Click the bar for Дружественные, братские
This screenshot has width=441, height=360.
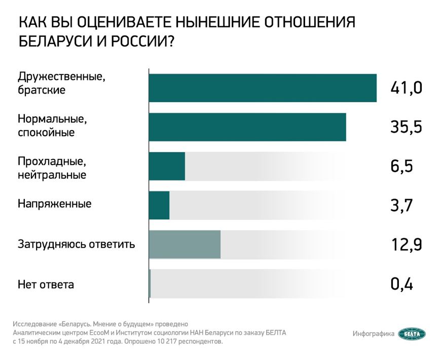[262, 88]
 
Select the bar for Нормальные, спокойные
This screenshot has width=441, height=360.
[247, 127]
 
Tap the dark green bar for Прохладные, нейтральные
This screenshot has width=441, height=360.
[167, 166]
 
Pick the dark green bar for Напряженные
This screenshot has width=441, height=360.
[159, 205]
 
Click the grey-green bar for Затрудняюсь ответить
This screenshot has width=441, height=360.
[185, 245]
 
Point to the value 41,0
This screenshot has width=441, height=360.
[406, 88]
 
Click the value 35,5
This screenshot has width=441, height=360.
[406, 127]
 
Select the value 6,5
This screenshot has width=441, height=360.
[401, 166]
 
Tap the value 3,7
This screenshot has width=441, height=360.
[401, 206]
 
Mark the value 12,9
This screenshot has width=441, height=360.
[406, 245]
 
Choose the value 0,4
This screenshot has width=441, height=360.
[401, 284]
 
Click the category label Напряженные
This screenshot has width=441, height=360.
[54, 205]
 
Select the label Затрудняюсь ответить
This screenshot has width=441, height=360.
[76, 245]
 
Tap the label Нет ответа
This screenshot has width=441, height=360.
[46, 285]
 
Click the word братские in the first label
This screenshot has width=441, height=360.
[41, 91]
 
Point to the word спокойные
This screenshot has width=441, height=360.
[46, 133]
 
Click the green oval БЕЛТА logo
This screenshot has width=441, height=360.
[412, 334]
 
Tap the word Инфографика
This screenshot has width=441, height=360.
[374, 334]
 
